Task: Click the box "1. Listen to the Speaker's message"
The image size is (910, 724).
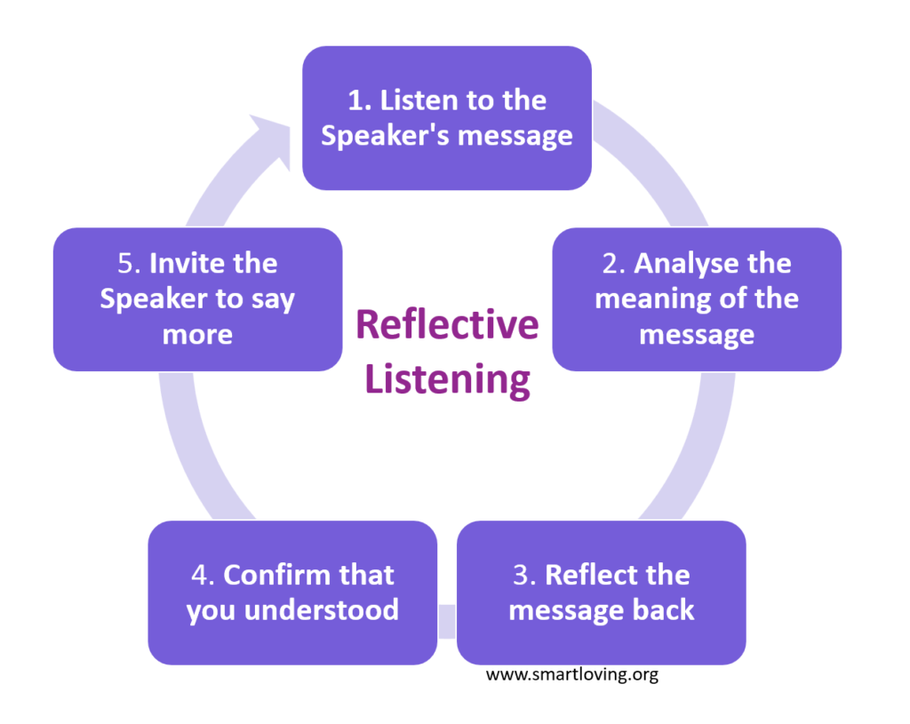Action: pos(447,117)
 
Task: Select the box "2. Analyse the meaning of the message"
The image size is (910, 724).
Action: pos(697,298)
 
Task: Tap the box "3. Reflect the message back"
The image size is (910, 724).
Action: pos(601,593)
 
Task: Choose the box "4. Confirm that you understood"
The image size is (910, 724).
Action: pos(292,593)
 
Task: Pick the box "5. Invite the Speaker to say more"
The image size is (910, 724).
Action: pos(197,298)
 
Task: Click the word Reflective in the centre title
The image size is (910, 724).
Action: pos(447,325)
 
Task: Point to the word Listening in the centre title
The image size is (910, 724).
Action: pos(448,379)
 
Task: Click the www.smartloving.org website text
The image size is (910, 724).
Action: pos(571,675)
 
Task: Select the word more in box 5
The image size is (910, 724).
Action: pos(197,334)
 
